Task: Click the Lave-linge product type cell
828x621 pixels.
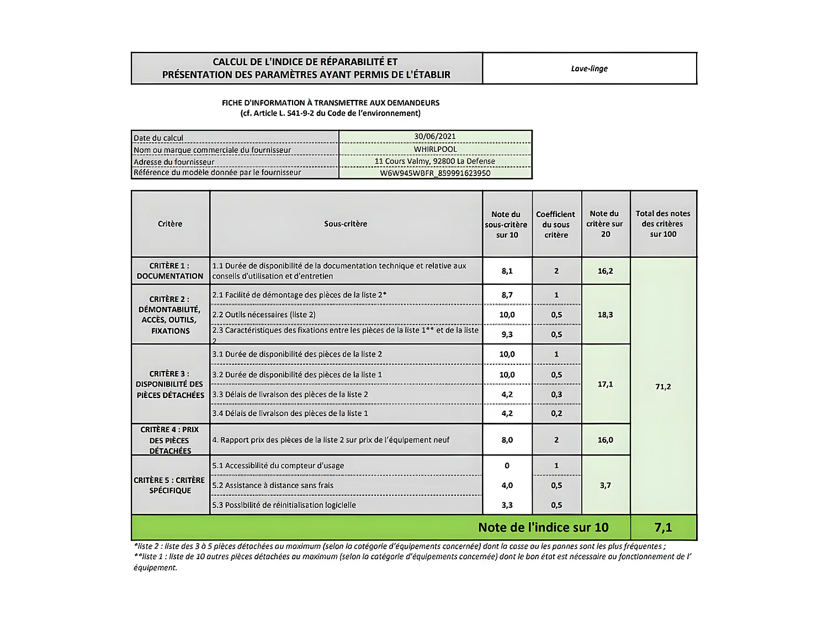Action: (589, 68)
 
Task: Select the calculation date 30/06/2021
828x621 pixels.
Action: (435, 136)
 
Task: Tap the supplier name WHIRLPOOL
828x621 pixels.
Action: (435, 149)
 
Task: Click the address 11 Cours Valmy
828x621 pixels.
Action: (435, 161)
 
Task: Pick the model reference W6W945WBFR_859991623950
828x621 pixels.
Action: (435, 173)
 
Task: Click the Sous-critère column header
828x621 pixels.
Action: (346, 224)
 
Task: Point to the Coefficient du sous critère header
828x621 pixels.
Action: (556, 224)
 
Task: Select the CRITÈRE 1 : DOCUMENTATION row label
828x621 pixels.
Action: (170, 270)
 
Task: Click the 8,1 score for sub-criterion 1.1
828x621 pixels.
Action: (507, 271)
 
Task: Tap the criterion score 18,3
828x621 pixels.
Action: (605, 315)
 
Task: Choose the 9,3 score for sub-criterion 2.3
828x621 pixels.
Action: (507, 335)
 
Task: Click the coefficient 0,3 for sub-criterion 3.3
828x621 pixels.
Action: (556, 394)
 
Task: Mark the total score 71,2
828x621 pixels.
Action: (663, 386)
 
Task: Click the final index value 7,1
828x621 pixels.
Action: (663, 528)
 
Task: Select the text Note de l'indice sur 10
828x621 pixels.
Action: (543, 528)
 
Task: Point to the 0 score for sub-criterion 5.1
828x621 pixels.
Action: (507, 465)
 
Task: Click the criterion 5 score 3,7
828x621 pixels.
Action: (605, 485)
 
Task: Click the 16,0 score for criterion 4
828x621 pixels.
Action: (605, 440)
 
